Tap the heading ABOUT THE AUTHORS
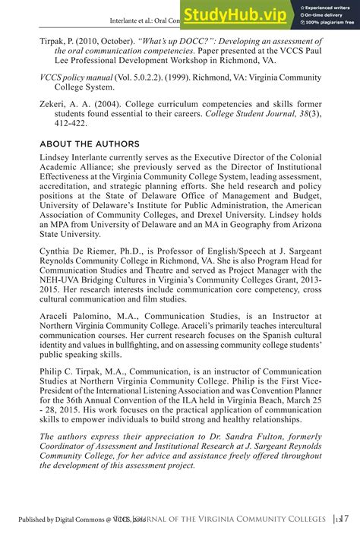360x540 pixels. [90, 144]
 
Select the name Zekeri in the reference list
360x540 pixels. [55, 103]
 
